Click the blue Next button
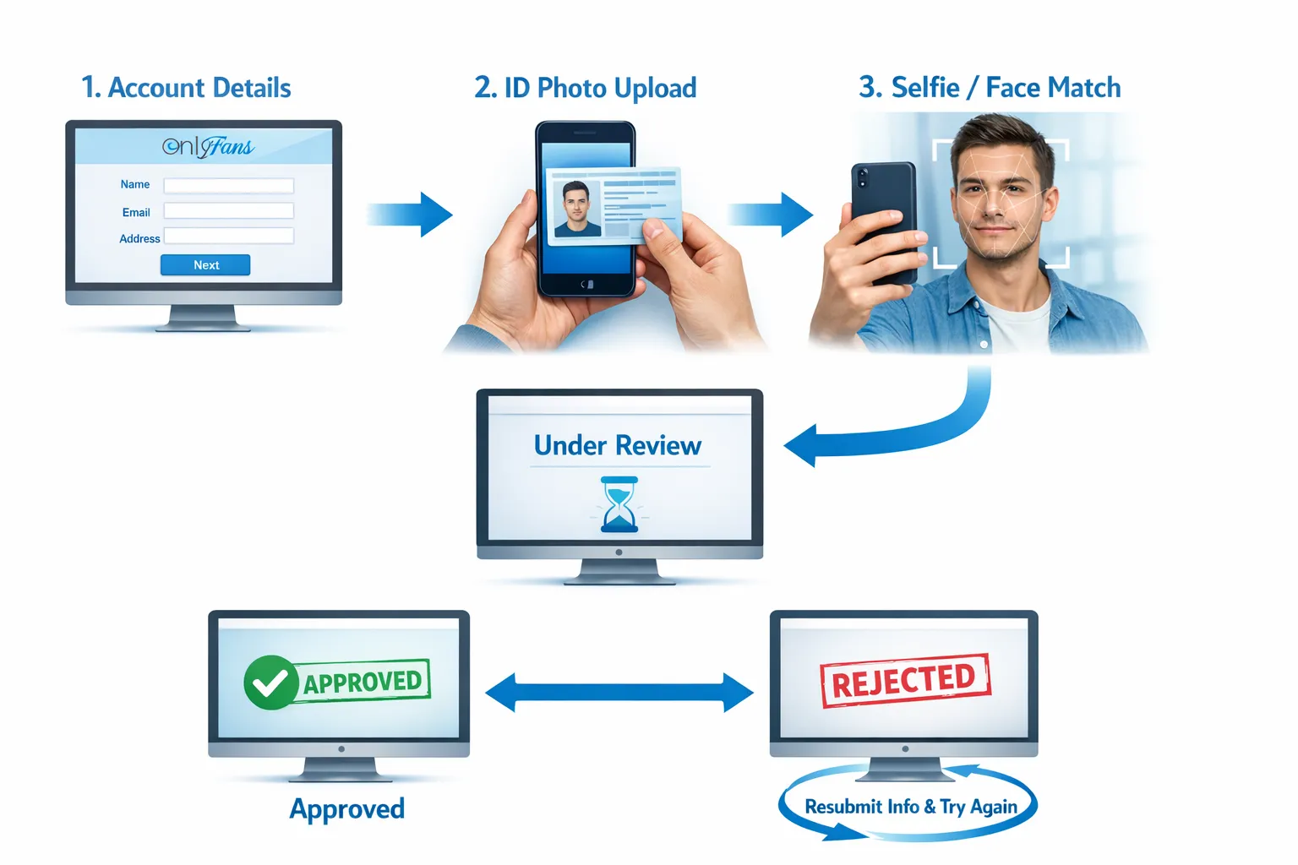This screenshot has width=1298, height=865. (x=205, y=264)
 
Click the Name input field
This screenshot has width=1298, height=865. (x=229, y=185)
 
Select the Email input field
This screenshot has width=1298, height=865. (x=229, y=210)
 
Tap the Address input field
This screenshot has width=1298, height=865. (x=229, y=236)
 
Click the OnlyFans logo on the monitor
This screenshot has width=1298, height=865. (x=208, y=147)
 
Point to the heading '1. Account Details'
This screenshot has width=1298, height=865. (x=186, y=88)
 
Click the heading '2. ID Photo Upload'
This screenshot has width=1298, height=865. (x=586, y=88)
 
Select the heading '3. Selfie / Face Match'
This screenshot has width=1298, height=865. (x=990, y=88)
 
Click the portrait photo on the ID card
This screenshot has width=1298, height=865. (x=576, y=209)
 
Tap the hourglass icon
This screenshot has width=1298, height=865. (x=619, y=504)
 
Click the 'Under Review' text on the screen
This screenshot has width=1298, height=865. (x=618, y=445)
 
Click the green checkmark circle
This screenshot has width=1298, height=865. (x=270, y=683)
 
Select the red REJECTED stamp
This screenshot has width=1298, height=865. (x=906, y=681)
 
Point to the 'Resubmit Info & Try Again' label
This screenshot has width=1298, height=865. (x=911, y=807)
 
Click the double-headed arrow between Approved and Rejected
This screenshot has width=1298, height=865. (x=619, y=692)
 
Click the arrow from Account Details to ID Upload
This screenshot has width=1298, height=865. (x=410, y=215)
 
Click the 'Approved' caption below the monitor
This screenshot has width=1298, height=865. (x=347, y=808)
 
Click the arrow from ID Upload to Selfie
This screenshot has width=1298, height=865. (x=770, y=215)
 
